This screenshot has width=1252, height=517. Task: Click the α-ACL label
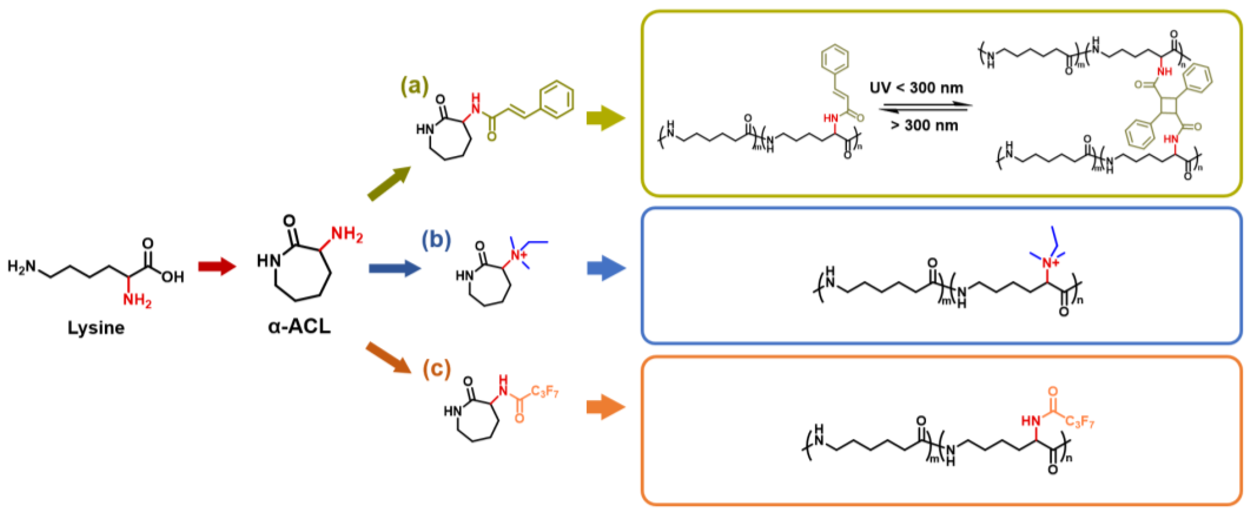299,326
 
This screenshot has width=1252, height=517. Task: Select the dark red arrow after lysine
217,266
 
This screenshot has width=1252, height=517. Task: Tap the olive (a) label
414,86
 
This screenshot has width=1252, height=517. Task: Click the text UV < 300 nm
916,88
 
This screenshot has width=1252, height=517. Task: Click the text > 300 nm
924,126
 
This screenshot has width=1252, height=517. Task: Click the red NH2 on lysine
137,300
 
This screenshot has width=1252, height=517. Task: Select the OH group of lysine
173,277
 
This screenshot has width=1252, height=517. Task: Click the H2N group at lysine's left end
22,266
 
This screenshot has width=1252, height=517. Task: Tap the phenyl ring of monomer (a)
557,100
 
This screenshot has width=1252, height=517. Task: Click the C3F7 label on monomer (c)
544,391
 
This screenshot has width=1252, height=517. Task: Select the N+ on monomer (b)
518,255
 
